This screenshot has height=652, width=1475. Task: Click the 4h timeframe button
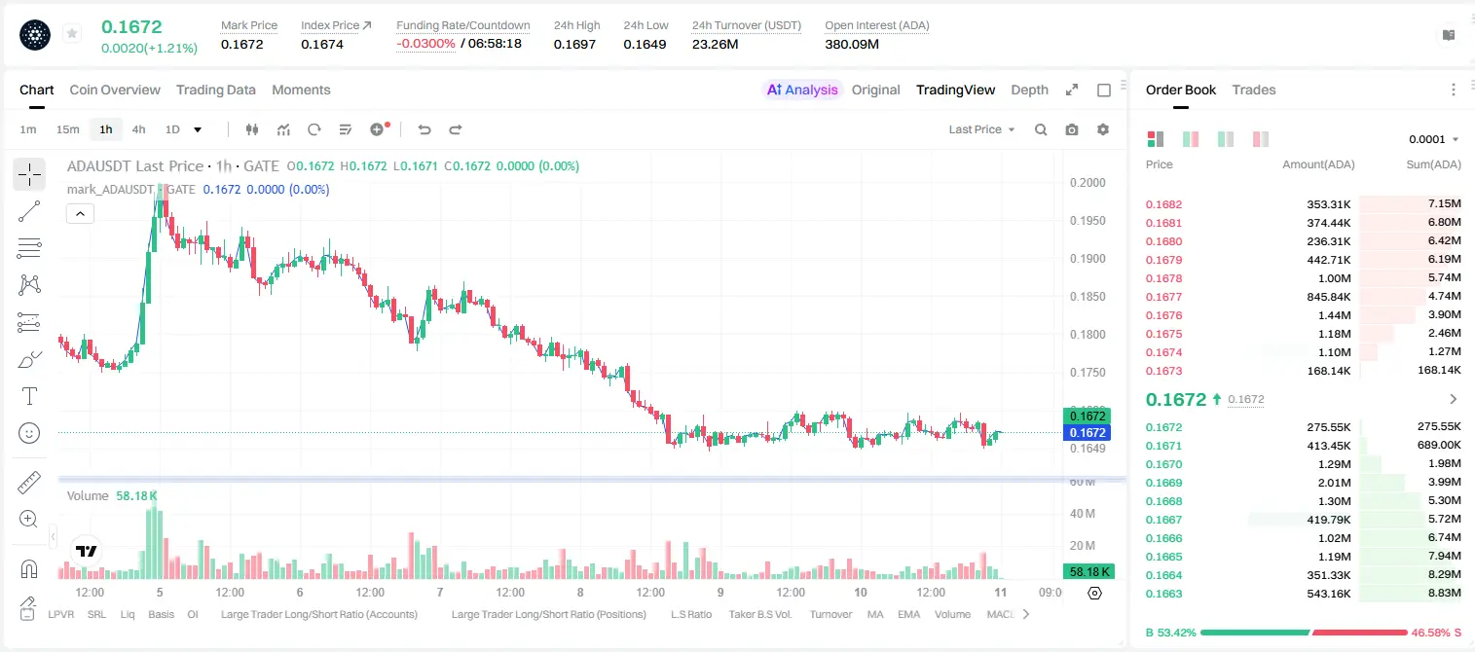pyautogui.click(x=138, y=129)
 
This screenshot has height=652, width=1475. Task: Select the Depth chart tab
pyautogui.click(x=1029, y=90)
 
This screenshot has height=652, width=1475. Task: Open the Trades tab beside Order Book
pyautogui.click(x=1254, y=90)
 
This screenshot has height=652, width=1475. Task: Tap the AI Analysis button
pyautogui.click(x=802, y=90)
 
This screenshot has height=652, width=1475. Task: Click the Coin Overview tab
pyautogui.click(x=115, y=90)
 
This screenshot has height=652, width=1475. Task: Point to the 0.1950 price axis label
pyautogui.click(x=1088, y=220)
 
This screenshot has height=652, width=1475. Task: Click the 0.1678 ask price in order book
pyautogui.click(x=1163, y=278)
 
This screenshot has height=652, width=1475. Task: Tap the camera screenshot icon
pyautogui.click(x=1072, y=129)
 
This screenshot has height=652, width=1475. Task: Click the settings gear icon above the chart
pyautogui.click(x=1103, y=129)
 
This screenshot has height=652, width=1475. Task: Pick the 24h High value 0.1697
pyautogui.click(x=574, y=44)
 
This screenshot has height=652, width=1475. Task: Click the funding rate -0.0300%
pyautogui.click(x=425, y=44)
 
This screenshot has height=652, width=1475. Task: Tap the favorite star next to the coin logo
pyautogui.click(x=72, y=33)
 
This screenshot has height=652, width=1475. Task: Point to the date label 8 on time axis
pyautogui.click(x=580, y=592)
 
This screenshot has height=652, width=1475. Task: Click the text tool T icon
pyautogui.click(x=29, y=396)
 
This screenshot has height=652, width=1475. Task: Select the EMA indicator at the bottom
pyautogui.click(x=908, y=614)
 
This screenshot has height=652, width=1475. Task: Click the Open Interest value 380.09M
pyautogui.click(x=852, y=44)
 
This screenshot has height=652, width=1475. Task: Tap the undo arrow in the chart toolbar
pyautogui.click(x=424, y=129)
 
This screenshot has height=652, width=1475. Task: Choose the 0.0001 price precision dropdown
pyautogui.click(x=1433, y=139)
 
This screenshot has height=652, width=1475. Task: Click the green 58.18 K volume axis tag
pyautogui.click(x=1088, y=572)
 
